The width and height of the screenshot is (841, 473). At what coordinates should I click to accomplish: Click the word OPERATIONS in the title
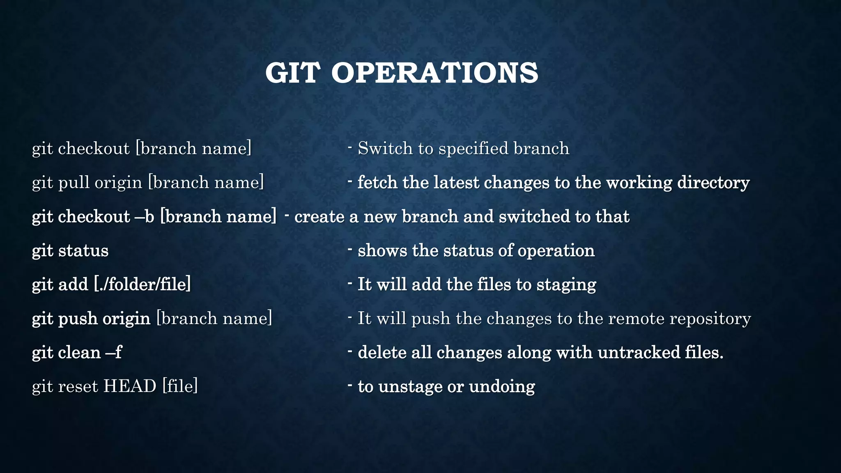(x=434, y=73)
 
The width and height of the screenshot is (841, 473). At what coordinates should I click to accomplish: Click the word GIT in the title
(x=292, y=73)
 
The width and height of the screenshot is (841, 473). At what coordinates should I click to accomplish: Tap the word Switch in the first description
(x=385, y=148)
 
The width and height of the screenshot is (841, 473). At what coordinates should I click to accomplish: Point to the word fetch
(x=377, y=182)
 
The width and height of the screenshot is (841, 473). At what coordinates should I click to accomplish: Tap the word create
(x=319, y=217)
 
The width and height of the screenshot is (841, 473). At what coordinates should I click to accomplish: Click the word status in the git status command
(x=83, y=251)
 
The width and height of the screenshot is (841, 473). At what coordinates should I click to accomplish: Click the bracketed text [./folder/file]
(x=142, y=285)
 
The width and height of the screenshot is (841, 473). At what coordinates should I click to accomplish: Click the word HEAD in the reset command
(x=130, y=386)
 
